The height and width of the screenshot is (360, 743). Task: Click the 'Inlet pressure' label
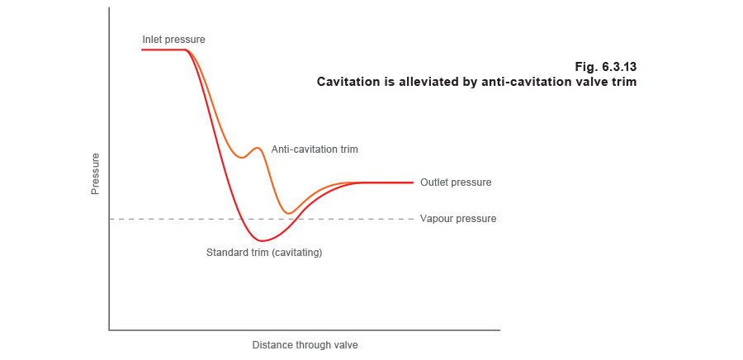pyautogui.click(x=172, y=40)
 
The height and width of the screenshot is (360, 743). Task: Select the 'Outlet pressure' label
pyautogui.click(x=454, y=182)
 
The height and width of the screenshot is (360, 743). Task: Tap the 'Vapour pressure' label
pyautogui.click(x=457, y=219)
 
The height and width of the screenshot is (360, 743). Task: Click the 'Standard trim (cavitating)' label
pyautogui.click(x=260, y=252)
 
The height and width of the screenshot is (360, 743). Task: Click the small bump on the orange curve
pyautogui.click(x=258, y=149)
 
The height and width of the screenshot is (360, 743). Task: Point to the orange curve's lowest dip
pyautogui.click(x=289, y=213)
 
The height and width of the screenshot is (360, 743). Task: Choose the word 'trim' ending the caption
pyautogui.click(x=623, y=83)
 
